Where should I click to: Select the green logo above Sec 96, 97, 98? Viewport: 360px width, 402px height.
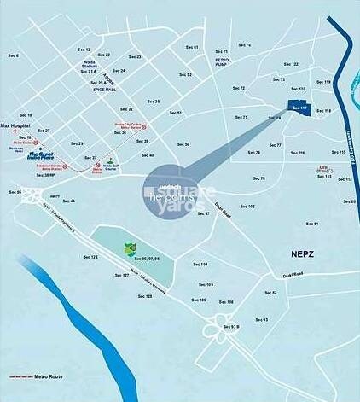(130, 248)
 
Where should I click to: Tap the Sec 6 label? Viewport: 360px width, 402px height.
(13, 56)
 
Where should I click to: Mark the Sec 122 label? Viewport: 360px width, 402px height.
(291, 64)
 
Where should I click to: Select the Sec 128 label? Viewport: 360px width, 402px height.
(143, 296)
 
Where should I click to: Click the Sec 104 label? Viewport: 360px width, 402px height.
(198, 265)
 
